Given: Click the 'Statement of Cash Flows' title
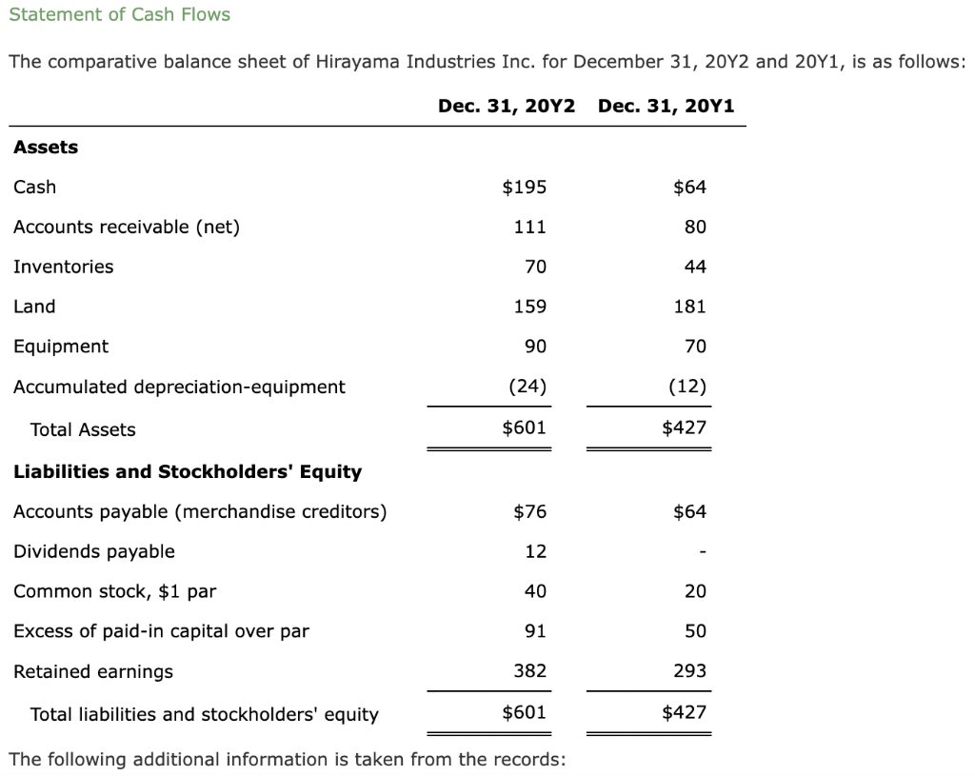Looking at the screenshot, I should [x=119, y=14].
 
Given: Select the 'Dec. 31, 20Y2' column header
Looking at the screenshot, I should [x=507, y=106].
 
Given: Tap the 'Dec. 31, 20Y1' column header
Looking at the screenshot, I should [x=667, y=106].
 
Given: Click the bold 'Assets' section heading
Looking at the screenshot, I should [x=46, y=147].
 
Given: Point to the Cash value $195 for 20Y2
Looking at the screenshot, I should [x=524, y=187].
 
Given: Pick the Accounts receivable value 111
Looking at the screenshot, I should [x=529, y=227].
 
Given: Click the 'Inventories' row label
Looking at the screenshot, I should [x=63, y=267].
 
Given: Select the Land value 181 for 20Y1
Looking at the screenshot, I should [x=689, y=307].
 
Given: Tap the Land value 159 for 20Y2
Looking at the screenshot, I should [x=529, y=307].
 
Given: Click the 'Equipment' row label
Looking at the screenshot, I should [x=61, y=347].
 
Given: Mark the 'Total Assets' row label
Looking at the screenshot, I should [x=83, y=429].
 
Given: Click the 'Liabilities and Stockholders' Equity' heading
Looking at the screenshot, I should [x=188, y=471].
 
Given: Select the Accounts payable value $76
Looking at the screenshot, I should [x=529, y=511].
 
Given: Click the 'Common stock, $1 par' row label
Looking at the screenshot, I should [x=114, y=591].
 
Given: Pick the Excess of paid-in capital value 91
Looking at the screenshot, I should [x=535, y=631].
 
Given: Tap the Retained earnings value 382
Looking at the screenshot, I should [x=529, y=671].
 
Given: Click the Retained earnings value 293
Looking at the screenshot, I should [x=689, y=671].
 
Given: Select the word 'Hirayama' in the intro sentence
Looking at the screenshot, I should [x=357, y=62].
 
